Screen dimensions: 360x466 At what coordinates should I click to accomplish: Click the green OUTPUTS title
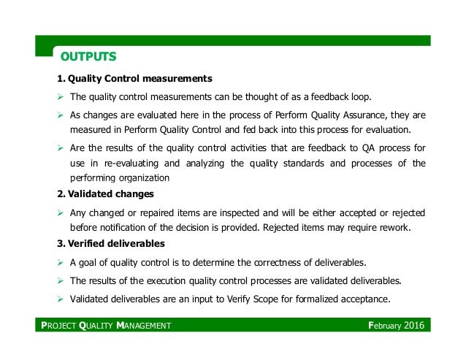coord(88,55)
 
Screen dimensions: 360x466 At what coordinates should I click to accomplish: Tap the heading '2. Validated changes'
coord(105,195)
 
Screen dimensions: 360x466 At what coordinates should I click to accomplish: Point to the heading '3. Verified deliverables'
coord(111,243)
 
